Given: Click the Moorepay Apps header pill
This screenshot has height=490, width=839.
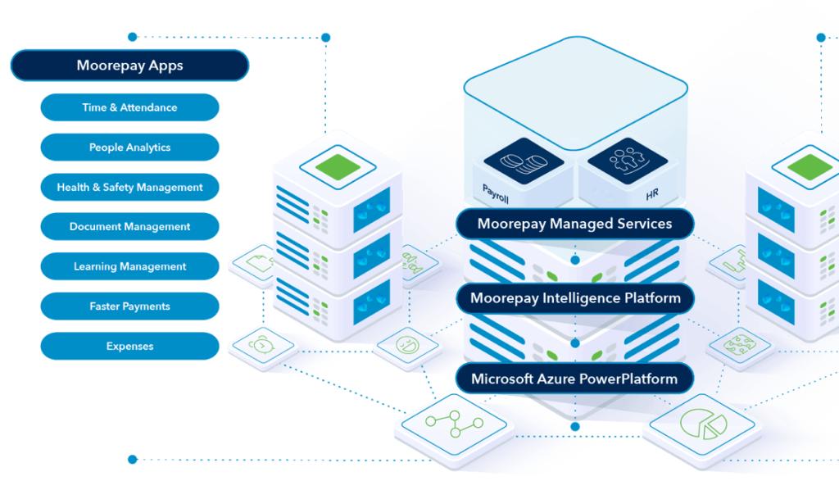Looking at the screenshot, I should coord(129,66).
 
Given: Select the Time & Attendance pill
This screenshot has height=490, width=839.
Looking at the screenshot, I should coord(129,107).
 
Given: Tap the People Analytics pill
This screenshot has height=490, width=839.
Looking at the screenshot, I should coord(129,147).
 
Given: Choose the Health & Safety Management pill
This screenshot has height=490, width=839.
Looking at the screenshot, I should coord(129,187).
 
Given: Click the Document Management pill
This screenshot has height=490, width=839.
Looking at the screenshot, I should coord(129,226).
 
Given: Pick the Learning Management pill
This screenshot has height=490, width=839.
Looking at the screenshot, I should coord(129,266).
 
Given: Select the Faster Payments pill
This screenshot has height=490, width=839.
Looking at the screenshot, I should coord(129,306).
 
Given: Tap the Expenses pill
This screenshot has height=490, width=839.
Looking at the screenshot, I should coord(129,346).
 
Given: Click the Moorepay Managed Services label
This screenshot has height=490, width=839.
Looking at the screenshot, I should coord(574,223).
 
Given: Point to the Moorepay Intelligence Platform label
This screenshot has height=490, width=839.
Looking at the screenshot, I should coord(574,298).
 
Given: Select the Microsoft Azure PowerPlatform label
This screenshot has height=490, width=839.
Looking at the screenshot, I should coord(574,379).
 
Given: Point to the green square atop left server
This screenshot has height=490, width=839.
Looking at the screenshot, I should coord(337,166).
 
